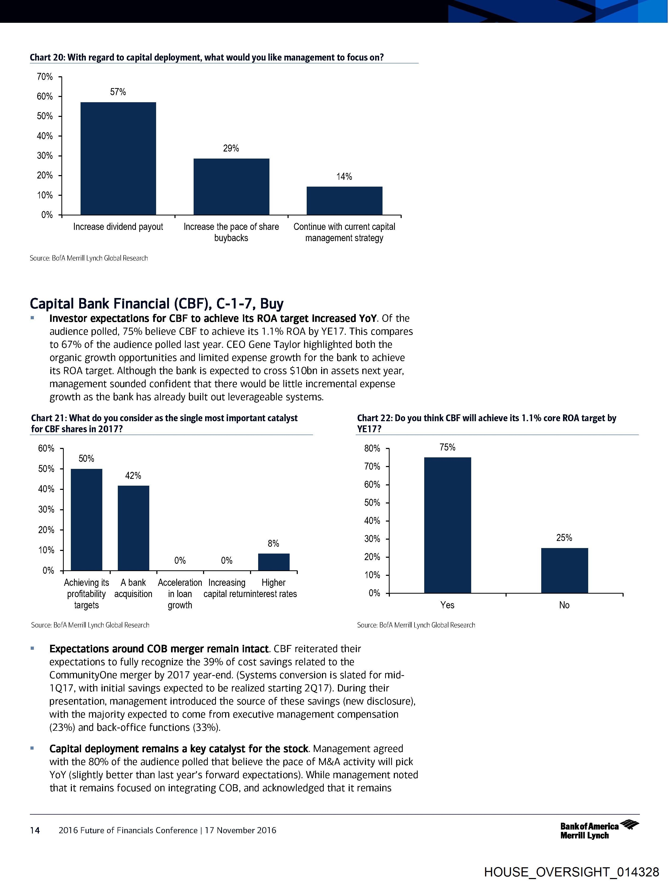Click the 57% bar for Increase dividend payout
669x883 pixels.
click(x=118, y=159)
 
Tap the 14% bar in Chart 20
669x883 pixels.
click(x=344, y=201)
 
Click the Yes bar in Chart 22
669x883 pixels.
click(x=447, y=525)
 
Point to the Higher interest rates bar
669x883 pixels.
click(x=273, y=562)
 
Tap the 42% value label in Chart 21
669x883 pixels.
click(x=133, y=475)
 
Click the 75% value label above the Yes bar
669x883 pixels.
click(x=447, y=447)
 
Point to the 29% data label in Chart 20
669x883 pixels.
click(x=231, y=149)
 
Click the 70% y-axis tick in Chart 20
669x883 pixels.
click(x=45, y=77)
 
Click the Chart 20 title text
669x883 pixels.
click(x=207, y=57)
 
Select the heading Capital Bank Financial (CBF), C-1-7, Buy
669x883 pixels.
click(x=157, y=304)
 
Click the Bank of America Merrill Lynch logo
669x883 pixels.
click(x=599, y=830)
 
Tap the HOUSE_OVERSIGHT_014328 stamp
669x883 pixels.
click(x=571, y=872)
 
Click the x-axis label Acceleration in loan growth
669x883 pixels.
click(x=180, y=594)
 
